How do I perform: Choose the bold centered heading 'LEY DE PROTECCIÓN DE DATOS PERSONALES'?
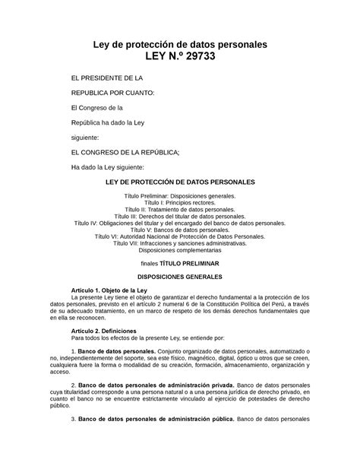[x=180, y=183]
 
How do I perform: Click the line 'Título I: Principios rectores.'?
[x=180, y=203]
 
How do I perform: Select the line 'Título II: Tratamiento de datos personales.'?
[x=180, y=210]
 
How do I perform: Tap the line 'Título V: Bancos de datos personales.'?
[x=180, y=230]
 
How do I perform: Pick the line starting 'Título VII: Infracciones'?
[x=180, y=243]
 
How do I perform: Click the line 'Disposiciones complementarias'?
[x=180, y=250]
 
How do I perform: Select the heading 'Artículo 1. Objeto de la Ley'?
[x=109, y=290]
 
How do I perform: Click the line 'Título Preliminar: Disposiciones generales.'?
[x=180, y=196]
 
